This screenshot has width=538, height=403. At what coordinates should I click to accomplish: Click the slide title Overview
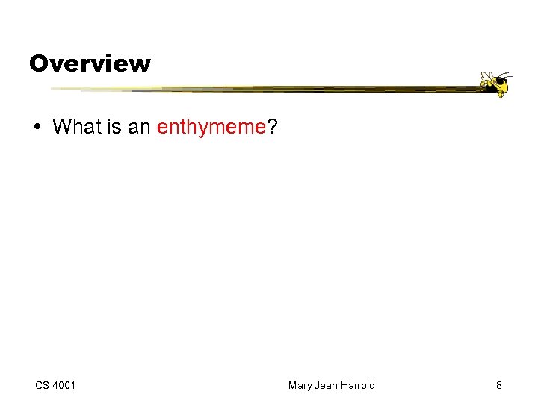coord(90,63)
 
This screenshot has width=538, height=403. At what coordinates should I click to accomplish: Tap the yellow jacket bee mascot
coord(495,84)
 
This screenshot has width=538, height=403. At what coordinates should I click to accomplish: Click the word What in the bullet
coord(76,127)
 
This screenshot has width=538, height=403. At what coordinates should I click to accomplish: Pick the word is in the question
coord(113,127)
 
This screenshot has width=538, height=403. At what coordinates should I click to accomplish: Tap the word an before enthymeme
coord(139,127)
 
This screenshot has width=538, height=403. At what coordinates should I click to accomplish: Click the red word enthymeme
coord(211,128)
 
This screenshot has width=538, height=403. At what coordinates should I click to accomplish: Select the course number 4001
coord(65,385)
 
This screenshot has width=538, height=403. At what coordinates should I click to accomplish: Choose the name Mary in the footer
coord(300,385)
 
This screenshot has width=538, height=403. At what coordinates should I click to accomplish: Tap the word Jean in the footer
coord(326,385)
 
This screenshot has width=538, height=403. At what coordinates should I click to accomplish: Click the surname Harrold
coord(357,385)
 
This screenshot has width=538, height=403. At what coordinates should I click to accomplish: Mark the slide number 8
coord(498,385)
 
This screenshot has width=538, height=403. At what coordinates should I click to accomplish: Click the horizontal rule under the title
coord(262,89)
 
